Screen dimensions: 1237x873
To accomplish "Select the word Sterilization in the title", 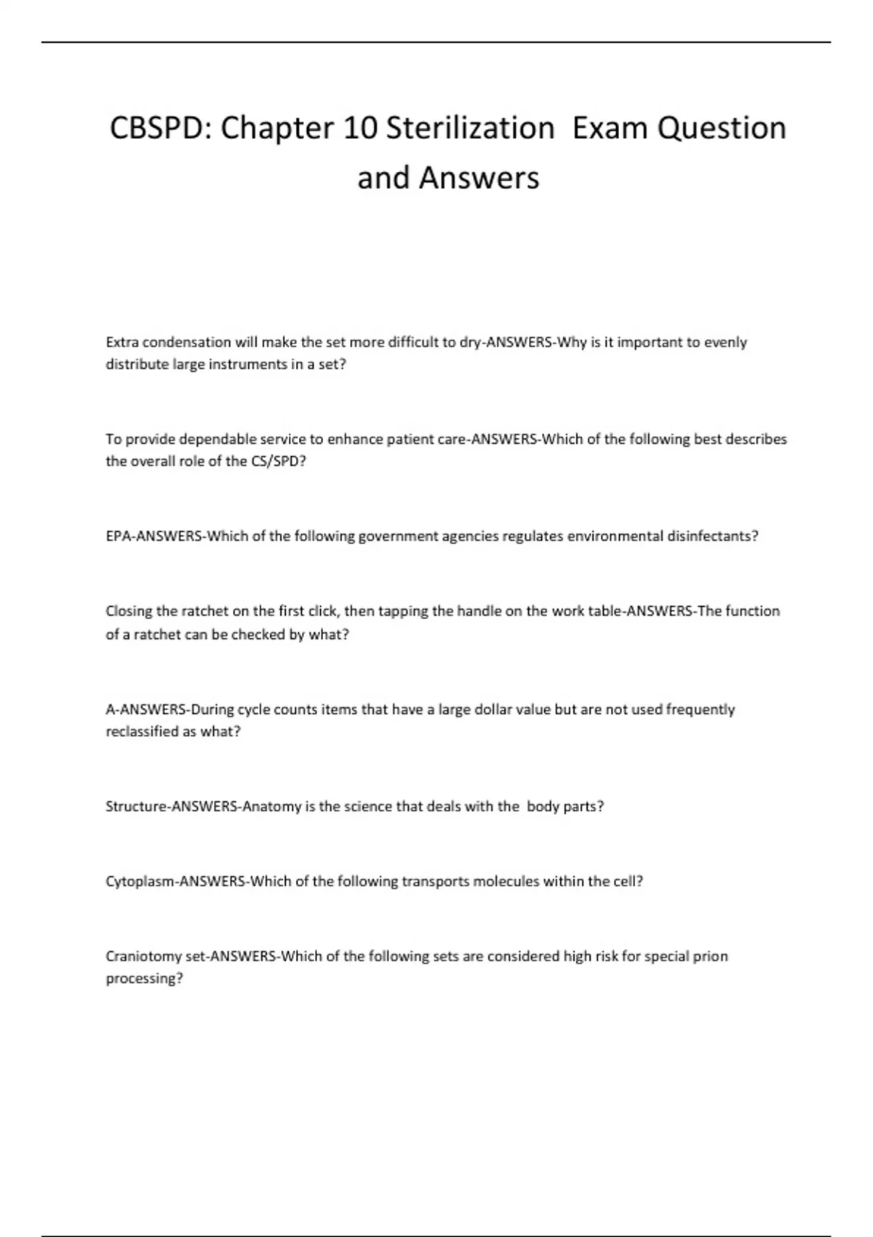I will click(x=470, y=129).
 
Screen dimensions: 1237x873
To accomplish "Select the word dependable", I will click(x=217, y=439).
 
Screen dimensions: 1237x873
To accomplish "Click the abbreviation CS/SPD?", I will click(x=279, y=461).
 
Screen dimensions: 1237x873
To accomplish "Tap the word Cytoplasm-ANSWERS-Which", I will click(x=202, y=882).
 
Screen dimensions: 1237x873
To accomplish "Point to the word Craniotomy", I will click(x=143, y=957).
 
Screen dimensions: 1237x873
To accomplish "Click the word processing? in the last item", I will click(x=144, y=979).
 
